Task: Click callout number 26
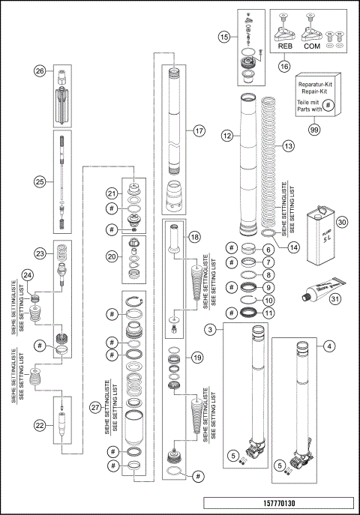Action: tap(40, 71)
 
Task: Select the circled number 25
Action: tap(40, 180)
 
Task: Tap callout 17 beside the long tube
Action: tap(199, 130)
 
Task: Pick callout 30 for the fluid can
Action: tap(342, 221)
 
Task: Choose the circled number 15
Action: tap(225, 35)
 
